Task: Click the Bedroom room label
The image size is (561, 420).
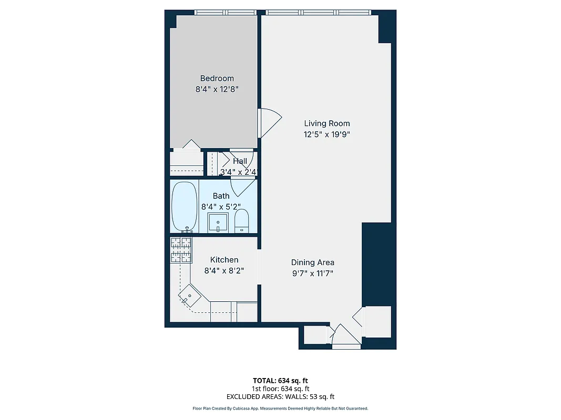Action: coord(217,78)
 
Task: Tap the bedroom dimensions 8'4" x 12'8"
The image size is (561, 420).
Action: coord(217,89)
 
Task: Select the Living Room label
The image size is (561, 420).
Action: coord(327,123)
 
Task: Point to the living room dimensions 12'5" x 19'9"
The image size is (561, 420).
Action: coord(327,134)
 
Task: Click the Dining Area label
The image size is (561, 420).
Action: coord(313,262)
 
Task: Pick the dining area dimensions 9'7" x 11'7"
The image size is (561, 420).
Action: coord(313,273)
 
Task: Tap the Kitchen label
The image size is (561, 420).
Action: coord(224,260)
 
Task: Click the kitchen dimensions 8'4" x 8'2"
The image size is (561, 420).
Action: coord(224,271)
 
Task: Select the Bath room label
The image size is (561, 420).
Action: coord(221,196)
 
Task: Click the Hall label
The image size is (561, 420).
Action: coord(240,161)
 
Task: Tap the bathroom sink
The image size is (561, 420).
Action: coord(218,223)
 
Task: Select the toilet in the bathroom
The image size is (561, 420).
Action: coord(241,220)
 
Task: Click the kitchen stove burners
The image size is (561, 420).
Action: coord(181,250)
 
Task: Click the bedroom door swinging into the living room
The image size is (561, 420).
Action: coord(269,122)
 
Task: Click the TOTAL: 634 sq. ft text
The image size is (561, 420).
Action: coord(280,380)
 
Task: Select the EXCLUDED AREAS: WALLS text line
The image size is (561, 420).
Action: coord(280,397)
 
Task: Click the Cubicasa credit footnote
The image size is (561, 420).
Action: coord(280,408)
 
